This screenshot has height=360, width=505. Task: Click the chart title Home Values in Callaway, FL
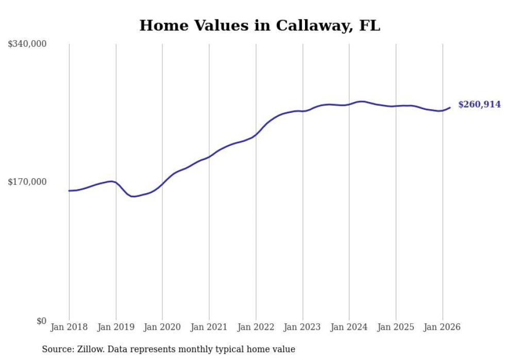point(260,25)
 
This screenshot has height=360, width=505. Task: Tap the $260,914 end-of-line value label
point(479,105)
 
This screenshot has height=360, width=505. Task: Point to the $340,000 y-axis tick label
point(27,44)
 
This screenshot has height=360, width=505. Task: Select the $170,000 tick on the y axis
point(27,182)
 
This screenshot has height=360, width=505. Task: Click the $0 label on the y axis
point(41,321)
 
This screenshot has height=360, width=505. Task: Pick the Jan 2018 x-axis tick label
point(69,327)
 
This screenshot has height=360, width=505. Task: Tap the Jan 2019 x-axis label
point(116,327)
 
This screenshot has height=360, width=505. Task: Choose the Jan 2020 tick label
point(162,327)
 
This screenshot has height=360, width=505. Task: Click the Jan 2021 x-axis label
point(209,327)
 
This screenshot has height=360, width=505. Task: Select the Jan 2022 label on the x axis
point(256,327)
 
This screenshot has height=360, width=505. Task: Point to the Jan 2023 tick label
point(302,327)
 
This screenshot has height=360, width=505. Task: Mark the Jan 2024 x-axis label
point(349,327)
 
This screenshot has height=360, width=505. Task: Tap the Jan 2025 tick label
point(396,327)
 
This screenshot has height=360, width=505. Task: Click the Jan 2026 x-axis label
point(442,327)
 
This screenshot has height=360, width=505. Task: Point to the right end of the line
point(450,108)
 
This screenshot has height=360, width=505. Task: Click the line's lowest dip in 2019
point(133,196)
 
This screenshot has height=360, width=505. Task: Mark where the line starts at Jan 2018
point(69,191)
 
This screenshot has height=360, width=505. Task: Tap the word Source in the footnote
point(57,349)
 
